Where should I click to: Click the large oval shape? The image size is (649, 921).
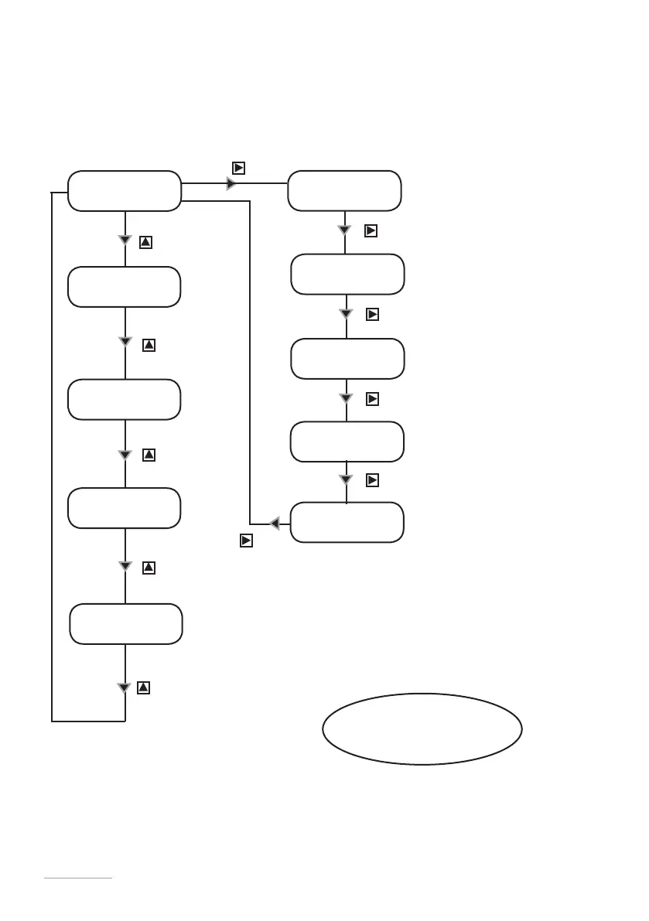422,728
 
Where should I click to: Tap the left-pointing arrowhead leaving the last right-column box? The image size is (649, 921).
275,524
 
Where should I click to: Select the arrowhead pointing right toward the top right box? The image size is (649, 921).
231,183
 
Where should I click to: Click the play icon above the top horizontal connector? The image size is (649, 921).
239,168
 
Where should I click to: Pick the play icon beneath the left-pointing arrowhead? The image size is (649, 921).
245,541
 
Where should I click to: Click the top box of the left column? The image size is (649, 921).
124,190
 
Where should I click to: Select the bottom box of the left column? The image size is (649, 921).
126,624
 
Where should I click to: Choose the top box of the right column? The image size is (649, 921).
344,190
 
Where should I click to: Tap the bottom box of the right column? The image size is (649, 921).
347,522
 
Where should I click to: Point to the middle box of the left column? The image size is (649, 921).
124,399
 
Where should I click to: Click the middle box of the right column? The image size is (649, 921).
347,358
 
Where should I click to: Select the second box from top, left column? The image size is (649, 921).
124,287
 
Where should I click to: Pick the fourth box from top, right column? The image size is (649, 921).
347,442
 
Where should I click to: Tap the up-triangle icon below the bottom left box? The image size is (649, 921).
143,687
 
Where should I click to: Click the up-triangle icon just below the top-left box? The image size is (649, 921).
145,242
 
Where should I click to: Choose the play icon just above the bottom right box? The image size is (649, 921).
372,481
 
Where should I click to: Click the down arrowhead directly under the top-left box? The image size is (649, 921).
125,240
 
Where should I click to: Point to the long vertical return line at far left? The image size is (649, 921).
52,456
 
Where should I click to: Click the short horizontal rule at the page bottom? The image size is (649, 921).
78,878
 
